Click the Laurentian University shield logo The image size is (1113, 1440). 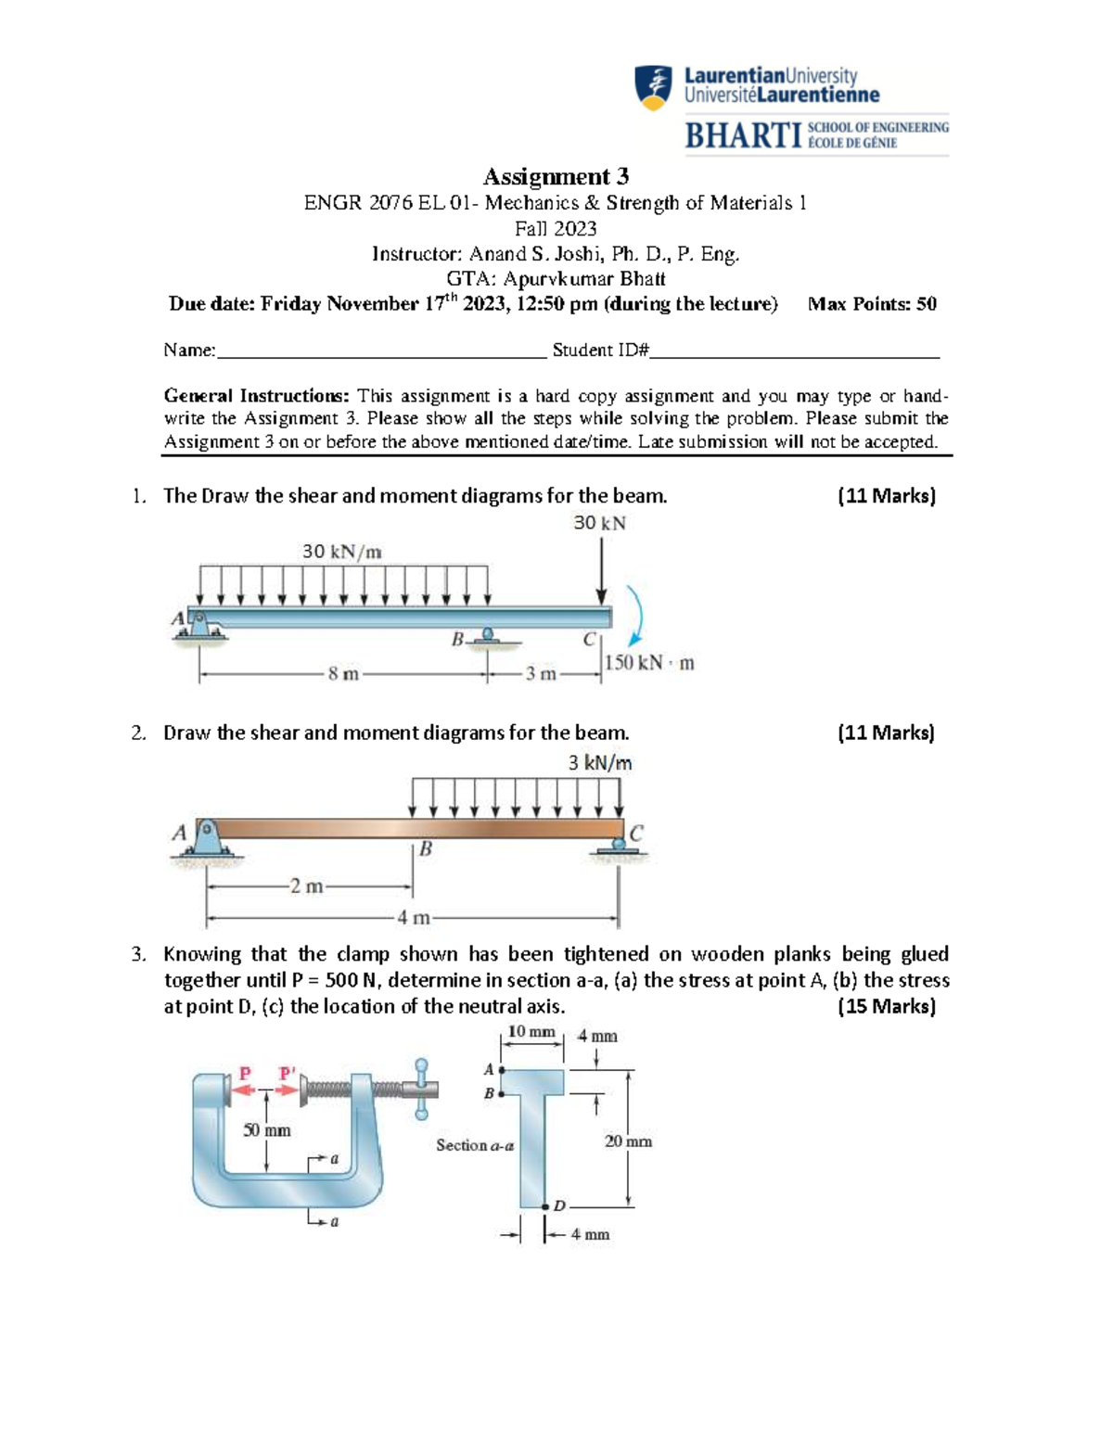(x=653, y=88)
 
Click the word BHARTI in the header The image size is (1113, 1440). (x=742, y=136)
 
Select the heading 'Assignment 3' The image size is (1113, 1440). (x=556, y=176)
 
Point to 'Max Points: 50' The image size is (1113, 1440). (x=872, y=304)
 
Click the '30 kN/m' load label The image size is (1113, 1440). (x=341, y=552)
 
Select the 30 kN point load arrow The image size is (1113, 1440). (x=601, y=570)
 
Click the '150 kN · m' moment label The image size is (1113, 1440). (x=649, y=663)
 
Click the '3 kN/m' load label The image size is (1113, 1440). (x=600, y=763)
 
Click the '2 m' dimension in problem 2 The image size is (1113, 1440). (x=306, y=886)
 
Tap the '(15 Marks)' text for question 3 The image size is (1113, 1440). (x=886, y=1007)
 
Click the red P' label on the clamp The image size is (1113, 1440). (x=288, y=1074)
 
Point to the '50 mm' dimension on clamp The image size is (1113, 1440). (x=266, y=1130)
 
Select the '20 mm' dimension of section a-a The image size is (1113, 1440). (x=628, y=1141)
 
